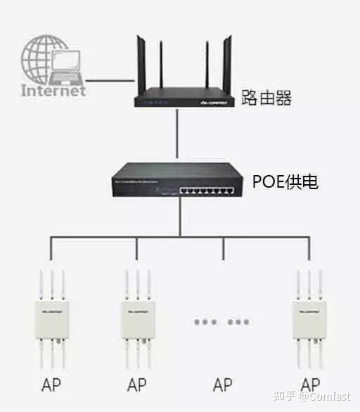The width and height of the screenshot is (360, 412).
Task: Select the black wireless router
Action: [x=184, y=95]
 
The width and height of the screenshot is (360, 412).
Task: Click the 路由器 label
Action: [x=266, y=97]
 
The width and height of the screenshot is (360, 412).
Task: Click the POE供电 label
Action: [x=285, y=182]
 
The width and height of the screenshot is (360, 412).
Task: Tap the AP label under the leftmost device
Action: [x=51, y=385]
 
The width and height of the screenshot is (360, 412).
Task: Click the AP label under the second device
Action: [x=137, y=385]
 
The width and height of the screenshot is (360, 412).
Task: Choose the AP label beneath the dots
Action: [x=223, y=385]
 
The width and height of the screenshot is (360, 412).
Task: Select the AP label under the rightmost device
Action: [x=309, y=385]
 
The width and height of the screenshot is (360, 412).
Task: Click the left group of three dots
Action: [x=205, y=322]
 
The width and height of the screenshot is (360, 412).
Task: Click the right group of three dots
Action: [x=239, y=322]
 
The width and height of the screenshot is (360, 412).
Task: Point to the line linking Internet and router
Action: [x=110, y=79]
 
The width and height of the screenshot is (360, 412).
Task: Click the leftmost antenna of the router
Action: [x=139, y=60]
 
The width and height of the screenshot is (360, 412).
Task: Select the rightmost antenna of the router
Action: [x=229, y=60]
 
